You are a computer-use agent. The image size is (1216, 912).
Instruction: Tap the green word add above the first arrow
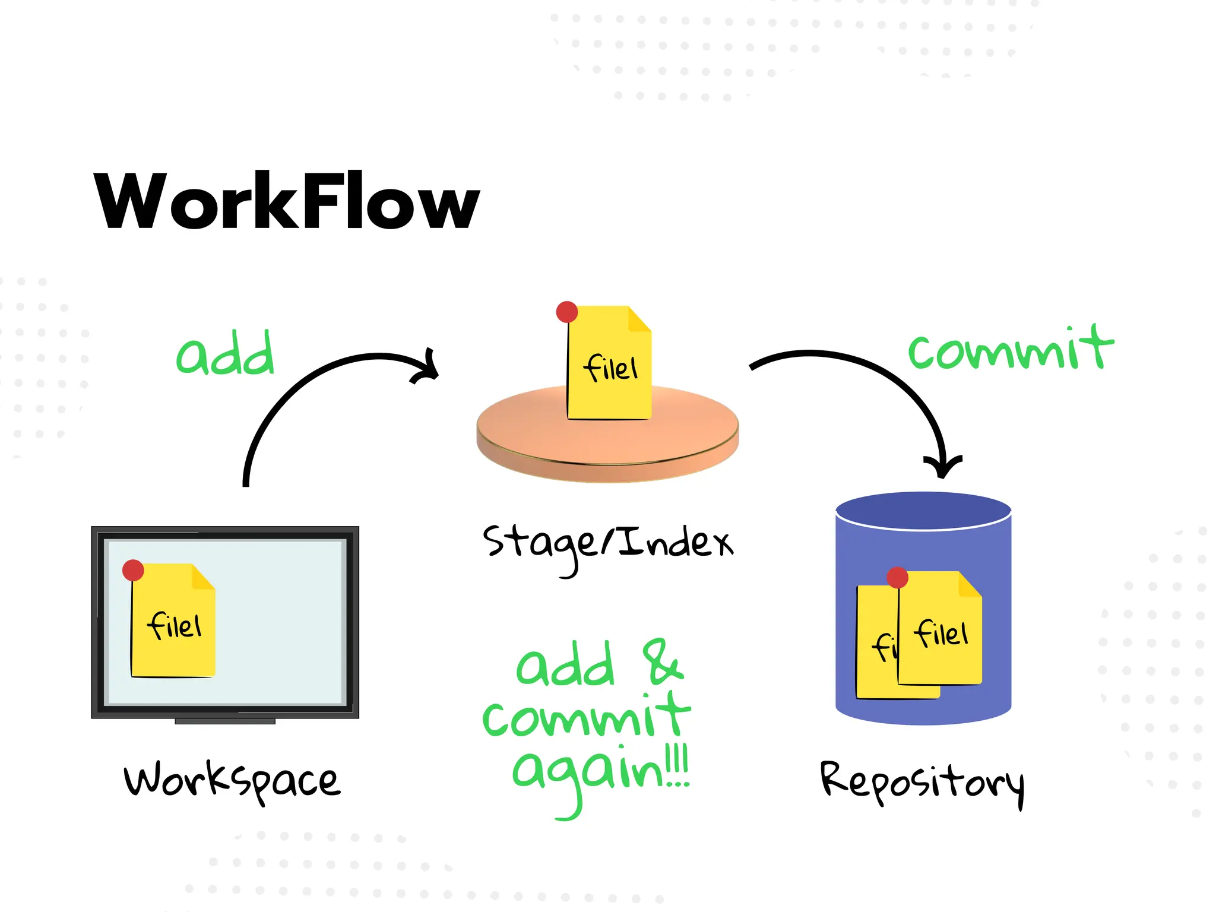(226, 354)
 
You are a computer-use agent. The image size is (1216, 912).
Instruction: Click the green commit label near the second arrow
(1011, 349)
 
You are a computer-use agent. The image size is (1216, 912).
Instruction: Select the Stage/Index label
(608, 543)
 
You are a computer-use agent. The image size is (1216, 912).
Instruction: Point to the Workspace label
(232, 781)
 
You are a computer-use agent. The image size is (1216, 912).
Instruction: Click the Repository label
(922, 783)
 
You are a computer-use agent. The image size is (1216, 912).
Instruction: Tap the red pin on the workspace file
(133, 570)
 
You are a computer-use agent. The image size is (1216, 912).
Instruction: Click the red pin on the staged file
(567, 312)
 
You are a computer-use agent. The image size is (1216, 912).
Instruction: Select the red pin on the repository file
(897, 577)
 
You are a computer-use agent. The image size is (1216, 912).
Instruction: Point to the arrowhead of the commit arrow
(942, 467)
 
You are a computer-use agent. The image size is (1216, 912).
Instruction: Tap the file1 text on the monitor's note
(175, 626)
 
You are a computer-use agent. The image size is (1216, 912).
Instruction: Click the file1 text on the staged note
(611, 368)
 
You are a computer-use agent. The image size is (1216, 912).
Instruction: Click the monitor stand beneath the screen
(225, 721)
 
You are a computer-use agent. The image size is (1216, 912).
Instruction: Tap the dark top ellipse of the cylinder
(923, 509)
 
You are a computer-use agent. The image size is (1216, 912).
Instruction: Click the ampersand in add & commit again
(663, 662)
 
